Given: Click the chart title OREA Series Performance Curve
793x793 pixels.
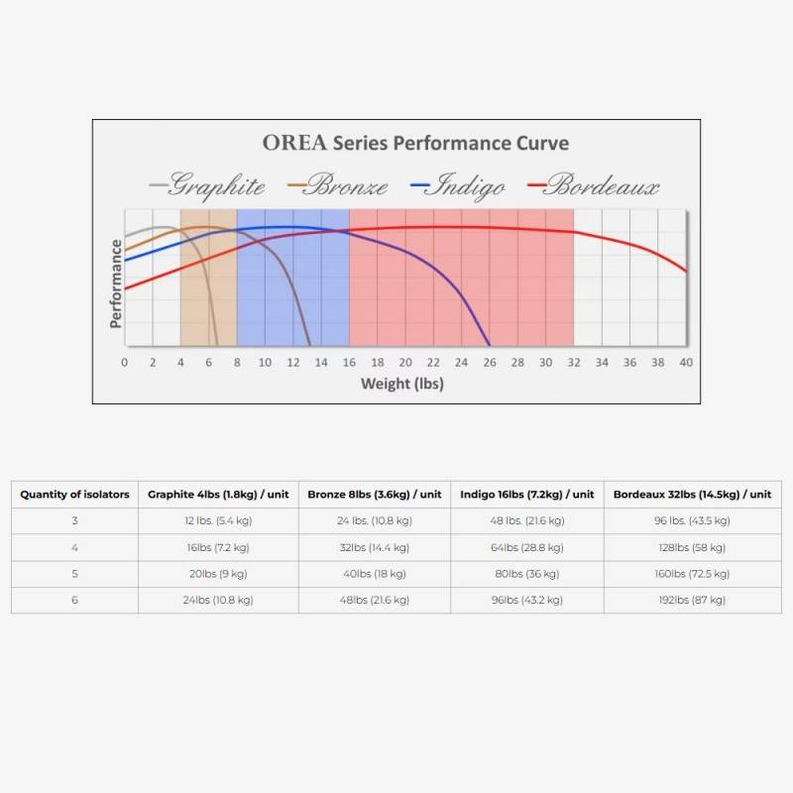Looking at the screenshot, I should click(x=415, y=143).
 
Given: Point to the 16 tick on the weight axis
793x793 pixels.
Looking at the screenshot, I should click(x=349, y=363).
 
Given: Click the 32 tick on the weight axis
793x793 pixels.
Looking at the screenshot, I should click(x=574, y=363).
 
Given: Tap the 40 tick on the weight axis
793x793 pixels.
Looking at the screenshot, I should click(x=686, y=363).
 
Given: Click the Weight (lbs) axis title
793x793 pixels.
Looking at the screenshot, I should click(x=401, y=384).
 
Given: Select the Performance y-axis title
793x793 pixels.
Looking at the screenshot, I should click(x=116, y=283).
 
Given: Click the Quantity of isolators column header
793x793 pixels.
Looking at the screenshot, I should click(x=74, y=495).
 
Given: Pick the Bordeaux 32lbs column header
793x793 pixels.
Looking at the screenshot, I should click(x=692, y=495).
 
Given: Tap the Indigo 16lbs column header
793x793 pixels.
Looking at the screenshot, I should click(x=526, y=495).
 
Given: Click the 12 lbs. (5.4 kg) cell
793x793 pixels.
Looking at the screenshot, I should click(x=218, y=520).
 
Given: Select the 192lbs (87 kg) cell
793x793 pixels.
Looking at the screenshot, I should click(x=692, y=600).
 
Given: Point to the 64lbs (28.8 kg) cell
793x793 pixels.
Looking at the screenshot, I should click(x=526, y=547).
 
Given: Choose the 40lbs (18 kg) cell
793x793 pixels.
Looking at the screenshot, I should click(x=374, y=574).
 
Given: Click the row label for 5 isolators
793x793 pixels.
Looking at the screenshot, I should click(x=74, y=574).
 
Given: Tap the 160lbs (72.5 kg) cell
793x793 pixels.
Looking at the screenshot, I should click(x=692, y=574).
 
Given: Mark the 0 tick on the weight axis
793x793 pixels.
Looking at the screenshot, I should click(x=124, y=363).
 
